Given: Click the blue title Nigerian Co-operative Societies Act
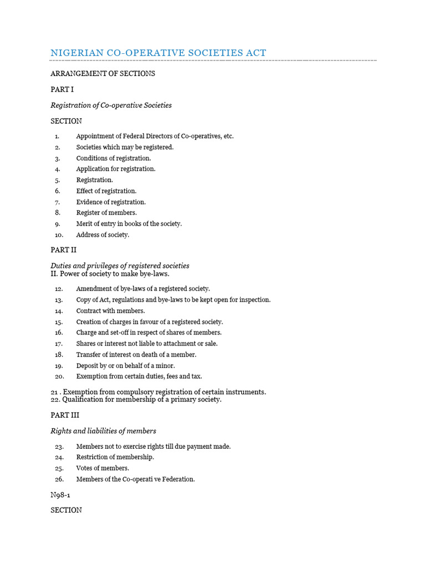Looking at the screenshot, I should [158, 53].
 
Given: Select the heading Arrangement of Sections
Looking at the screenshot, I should [103, 73].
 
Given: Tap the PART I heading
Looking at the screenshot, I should [62, 89].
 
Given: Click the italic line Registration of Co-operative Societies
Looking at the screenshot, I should [111, 105].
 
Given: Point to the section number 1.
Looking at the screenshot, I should [57, 136].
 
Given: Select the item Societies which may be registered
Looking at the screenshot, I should [125, 147].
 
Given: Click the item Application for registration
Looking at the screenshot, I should [116, 169].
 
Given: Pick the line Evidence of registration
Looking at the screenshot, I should [111, 202].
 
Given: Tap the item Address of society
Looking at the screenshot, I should [103, 235].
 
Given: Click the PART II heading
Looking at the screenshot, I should [63, 250].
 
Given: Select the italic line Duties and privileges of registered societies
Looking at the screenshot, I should [120, 266].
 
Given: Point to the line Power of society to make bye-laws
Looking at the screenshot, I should [110, 273].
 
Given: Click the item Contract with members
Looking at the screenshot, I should [110, 311].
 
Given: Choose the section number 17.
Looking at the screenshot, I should [59, 344].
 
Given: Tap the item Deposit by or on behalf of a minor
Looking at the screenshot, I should [125, 366].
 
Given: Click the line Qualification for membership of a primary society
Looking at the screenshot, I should [136, 399].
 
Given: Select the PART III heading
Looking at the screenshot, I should [65, 415].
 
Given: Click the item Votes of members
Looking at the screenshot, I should [103, 468].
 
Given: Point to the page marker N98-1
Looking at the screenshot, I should [62, 494].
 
